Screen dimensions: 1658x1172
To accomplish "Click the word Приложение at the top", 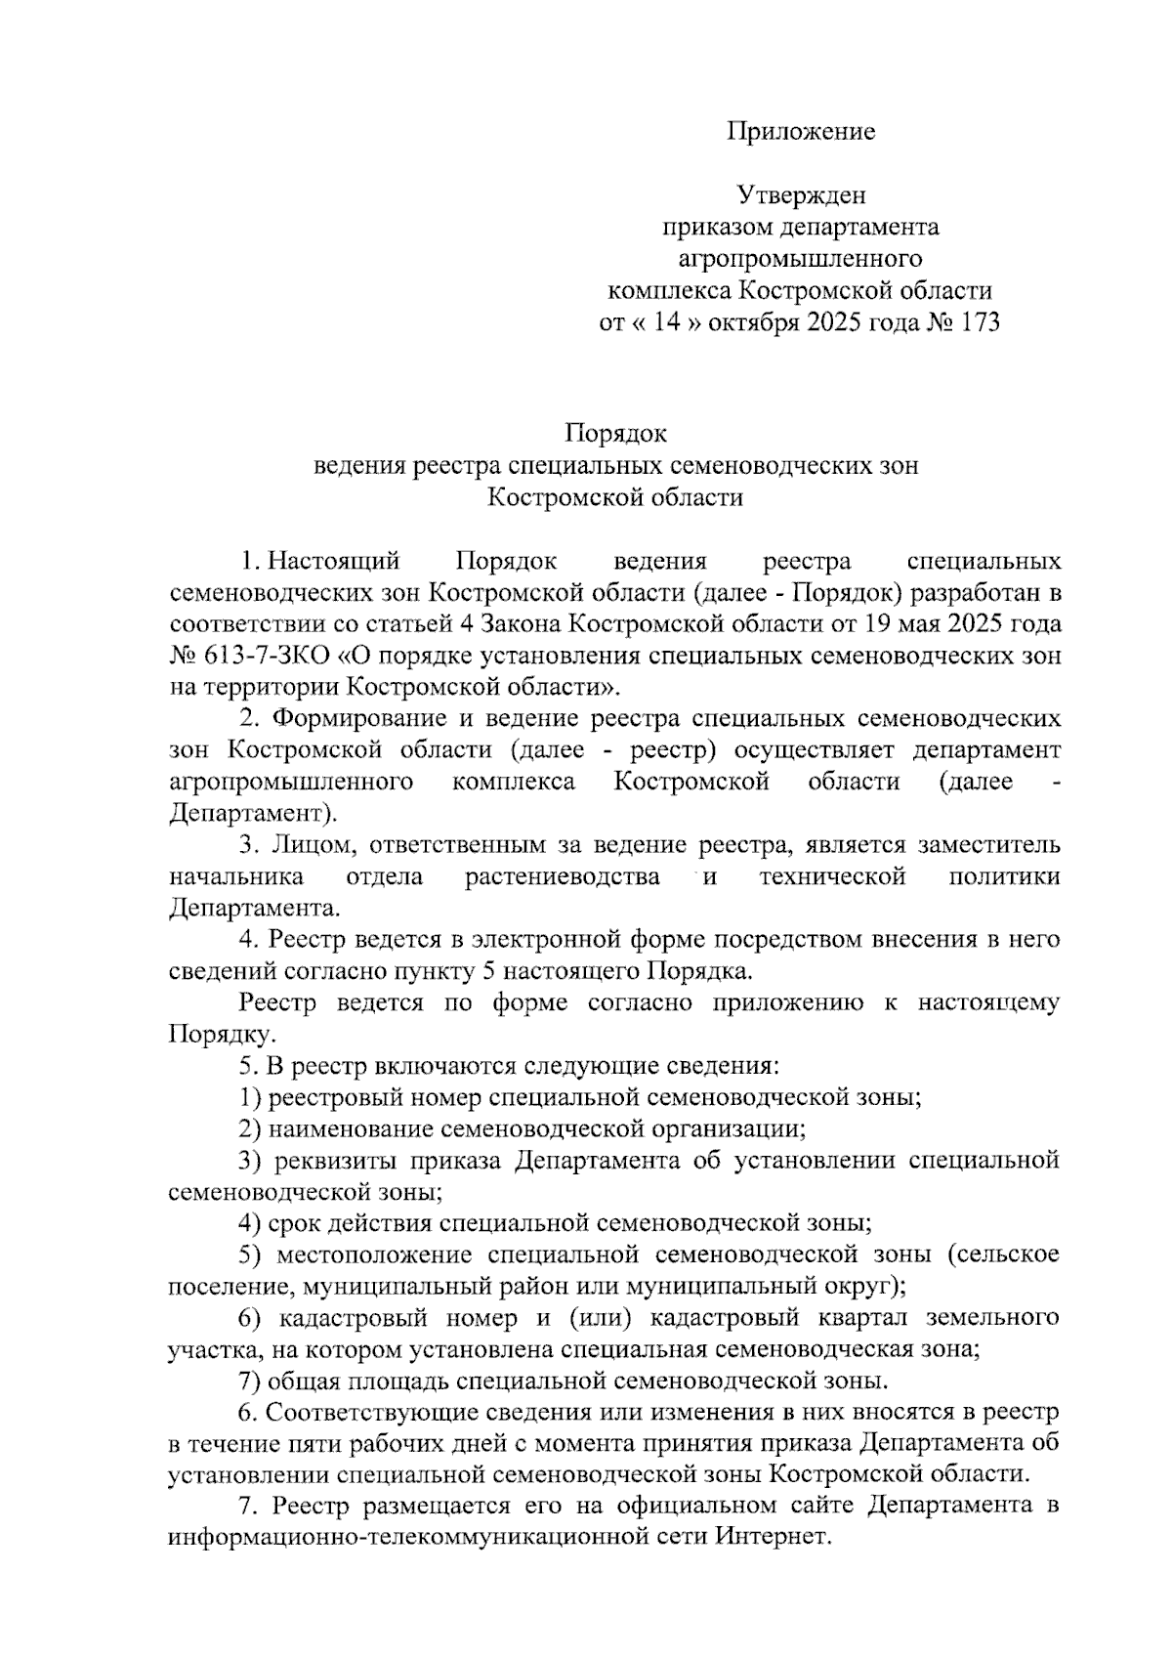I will coord(800,132).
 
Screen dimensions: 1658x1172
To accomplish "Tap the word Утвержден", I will coord(801,195).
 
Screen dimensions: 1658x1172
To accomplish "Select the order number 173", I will coord(980,323).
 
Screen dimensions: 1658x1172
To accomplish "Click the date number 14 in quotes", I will coord(666,323).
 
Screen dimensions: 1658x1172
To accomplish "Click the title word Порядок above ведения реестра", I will coord(615,433).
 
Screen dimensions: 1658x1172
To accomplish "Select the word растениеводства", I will coord(563,876).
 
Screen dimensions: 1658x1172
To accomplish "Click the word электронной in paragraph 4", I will coord(533,940).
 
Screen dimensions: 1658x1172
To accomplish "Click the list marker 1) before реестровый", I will coord(250,1098).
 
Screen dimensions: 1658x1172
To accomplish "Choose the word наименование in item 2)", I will coord(350,1129).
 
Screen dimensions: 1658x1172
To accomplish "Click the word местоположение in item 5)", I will coord(375,1254).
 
